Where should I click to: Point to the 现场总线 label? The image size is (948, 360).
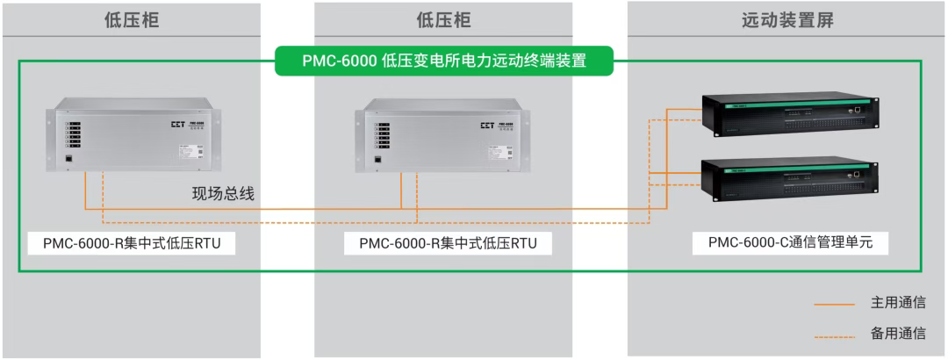pos(224,194)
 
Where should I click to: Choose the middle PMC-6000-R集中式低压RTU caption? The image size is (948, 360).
pos(448,243)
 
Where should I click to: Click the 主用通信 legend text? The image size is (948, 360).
pos(897,303)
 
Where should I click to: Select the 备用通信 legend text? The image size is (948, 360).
pos(897,334)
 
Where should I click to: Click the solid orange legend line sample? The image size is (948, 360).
pos(834,304)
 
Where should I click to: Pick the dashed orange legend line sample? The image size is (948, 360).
pos(834,335)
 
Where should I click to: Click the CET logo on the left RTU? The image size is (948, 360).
pos(179,125)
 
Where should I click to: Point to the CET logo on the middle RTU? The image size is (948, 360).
pos(486,125)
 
